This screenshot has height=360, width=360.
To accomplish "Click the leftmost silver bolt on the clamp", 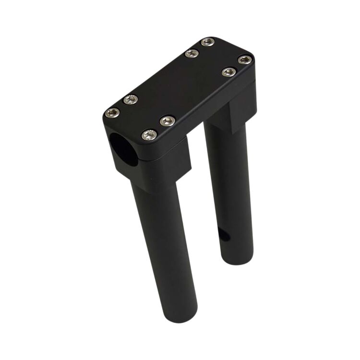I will [x=112, y=113].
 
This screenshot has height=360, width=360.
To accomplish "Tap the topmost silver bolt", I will [x=207, y=42].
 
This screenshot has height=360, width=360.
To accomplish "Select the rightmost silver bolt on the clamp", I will [x=245, y=60].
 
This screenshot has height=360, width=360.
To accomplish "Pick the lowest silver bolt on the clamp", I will [x=149, y=135].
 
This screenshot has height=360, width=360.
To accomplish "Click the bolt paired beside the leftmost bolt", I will [x=130, y=100].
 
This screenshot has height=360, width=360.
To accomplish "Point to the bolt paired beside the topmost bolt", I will [x=192, y=54].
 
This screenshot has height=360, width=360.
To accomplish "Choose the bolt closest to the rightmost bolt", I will [x=229, y=72].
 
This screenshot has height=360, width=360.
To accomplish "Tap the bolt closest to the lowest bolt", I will [x=167, y=121].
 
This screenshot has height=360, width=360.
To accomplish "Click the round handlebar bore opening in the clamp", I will [x=122, y=149].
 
